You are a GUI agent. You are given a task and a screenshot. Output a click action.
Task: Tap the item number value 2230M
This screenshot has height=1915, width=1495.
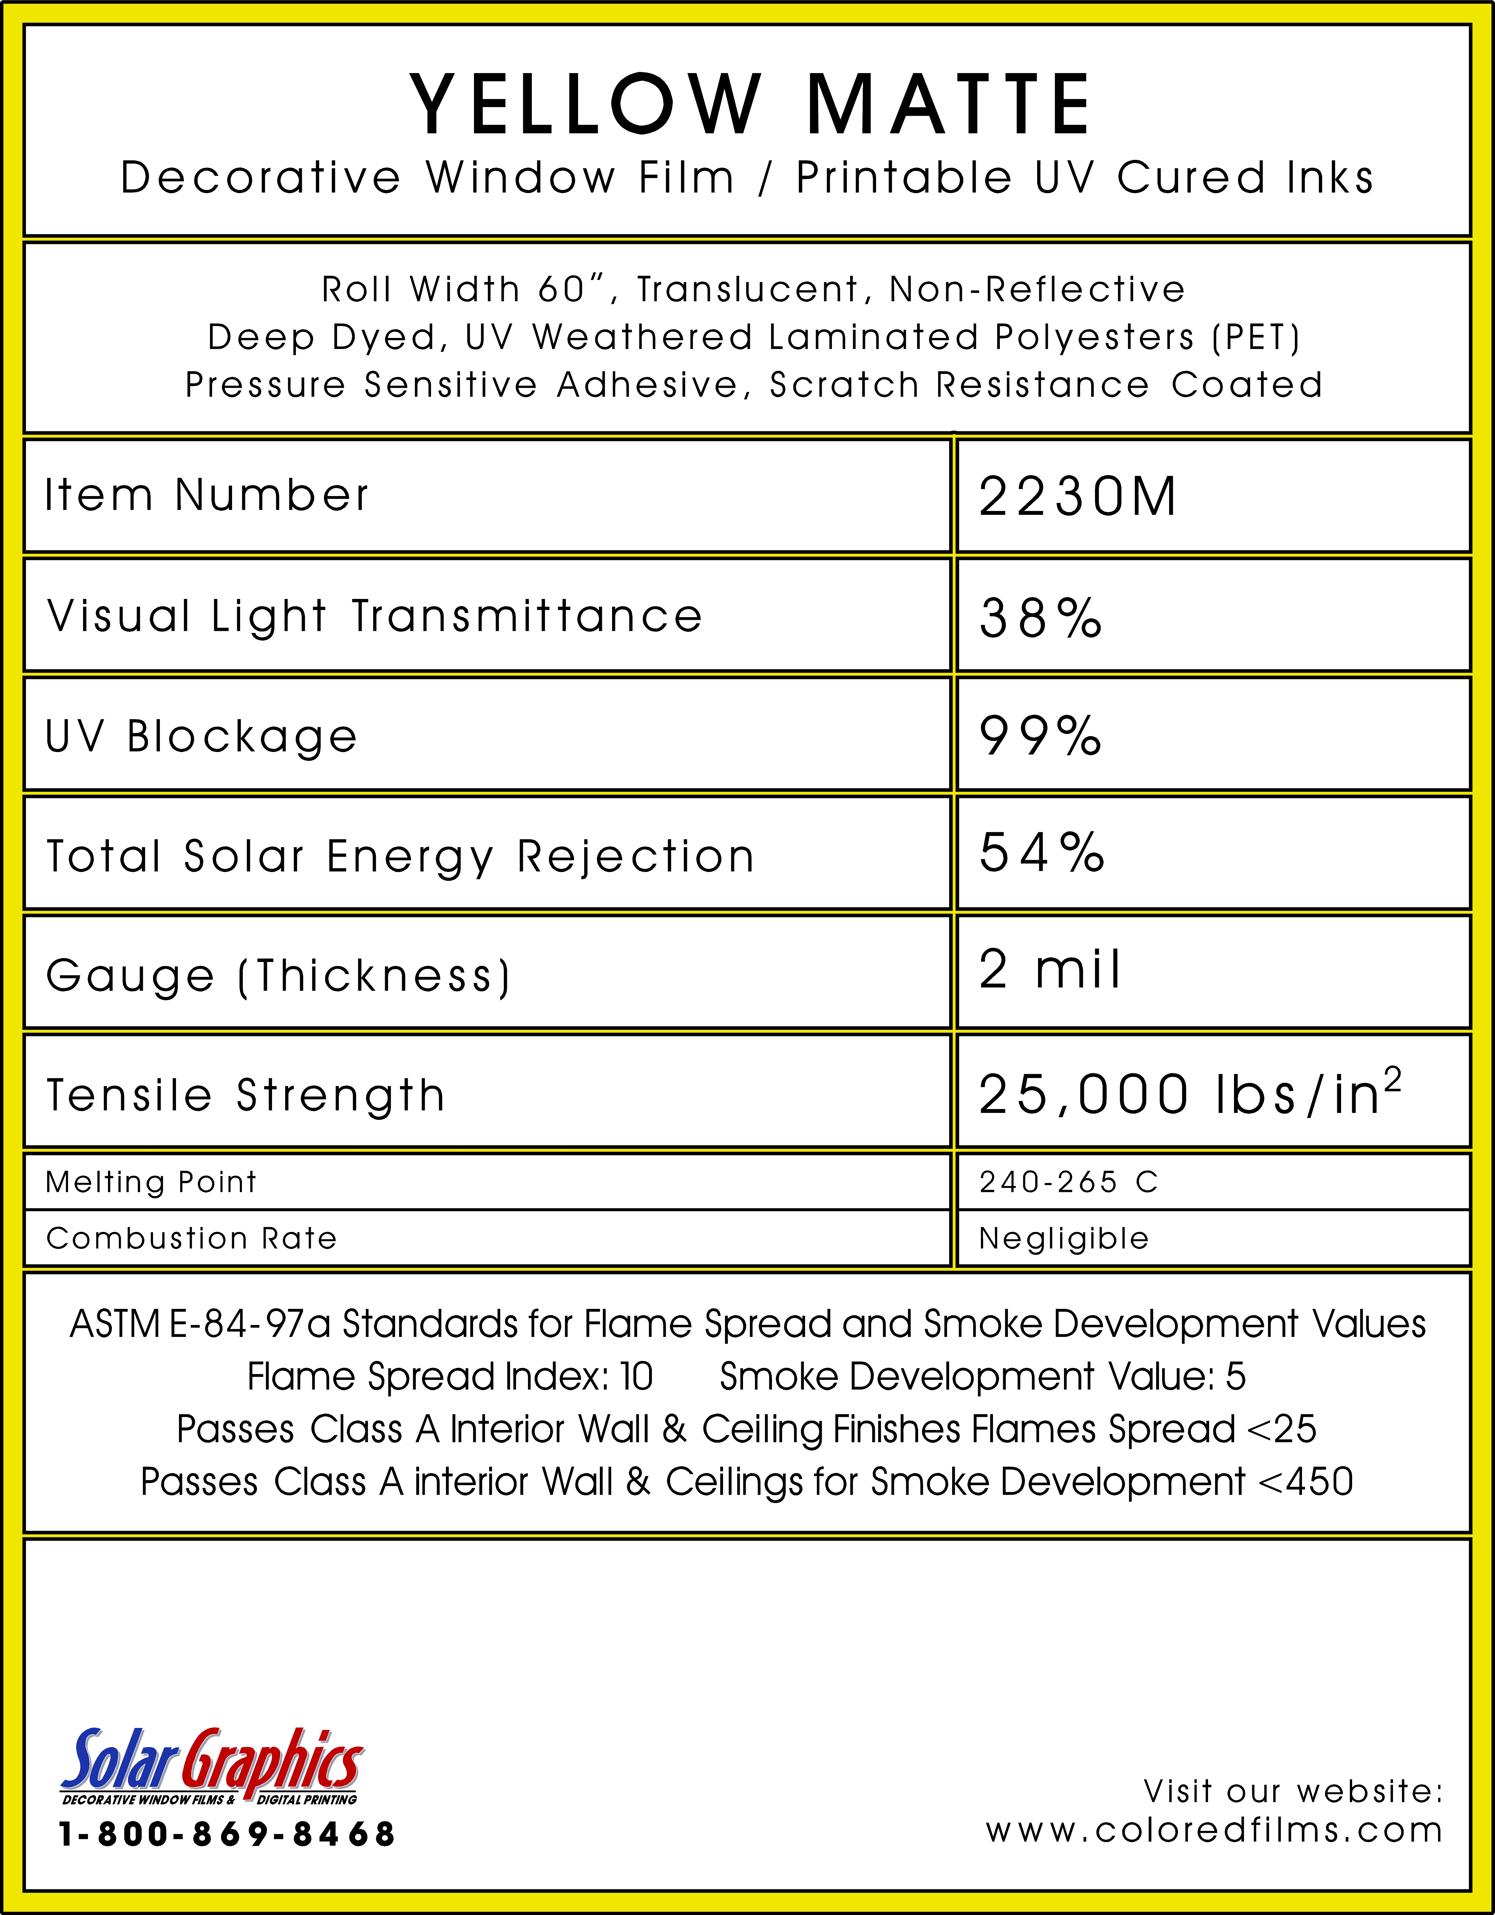point(1077,497)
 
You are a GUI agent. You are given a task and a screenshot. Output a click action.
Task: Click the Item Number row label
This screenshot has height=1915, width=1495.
point(207,495)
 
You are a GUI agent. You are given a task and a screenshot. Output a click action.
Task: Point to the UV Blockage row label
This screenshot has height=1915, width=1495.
point(202,736)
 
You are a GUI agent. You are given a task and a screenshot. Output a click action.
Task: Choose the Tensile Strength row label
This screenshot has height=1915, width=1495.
point(245,1095)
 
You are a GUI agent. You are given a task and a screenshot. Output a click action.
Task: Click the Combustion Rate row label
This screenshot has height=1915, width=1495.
point(191,1238)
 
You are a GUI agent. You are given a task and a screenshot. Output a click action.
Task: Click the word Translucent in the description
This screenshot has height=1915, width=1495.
point(747,289)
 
